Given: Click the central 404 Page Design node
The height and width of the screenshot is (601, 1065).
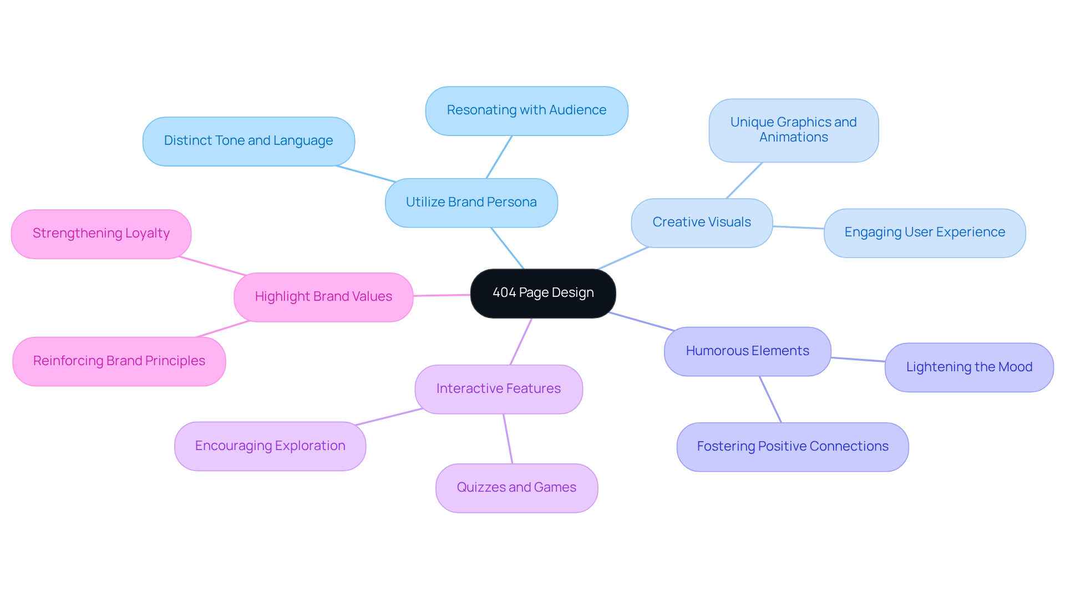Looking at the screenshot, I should point(542,293).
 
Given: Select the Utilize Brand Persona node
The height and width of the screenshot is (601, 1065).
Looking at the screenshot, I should point(471,203).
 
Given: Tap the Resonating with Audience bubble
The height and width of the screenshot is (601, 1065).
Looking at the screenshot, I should point(526,110).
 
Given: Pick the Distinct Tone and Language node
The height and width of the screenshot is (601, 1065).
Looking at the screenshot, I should point(248,141).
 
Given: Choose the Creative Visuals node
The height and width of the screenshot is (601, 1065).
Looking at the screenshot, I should point(702,223).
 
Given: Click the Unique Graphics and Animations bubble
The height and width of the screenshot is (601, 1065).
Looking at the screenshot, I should point(793,130).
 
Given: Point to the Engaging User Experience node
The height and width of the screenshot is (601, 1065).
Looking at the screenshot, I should point(925,233).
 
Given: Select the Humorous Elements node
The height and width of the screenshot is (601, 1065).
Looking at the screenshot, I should point(747,351).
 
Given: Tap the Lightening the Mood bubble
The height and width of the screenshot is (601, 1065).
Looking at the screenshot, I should point(969,367).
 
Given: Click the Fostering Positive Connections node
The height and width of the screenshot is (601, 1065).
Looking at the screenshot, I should point(793,447).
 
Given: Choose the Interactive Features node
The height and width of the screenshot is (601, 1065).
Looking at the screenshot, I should point(498,389).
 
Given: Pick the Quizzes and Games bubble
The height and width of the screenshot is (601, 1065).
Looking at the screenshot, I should point(516,488).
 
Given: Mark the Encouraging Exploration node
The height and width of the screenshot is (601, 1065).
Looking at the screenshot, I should point(270,446).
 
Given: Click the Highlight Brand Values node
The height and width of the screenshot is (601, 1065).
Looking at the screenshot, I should point(323,297).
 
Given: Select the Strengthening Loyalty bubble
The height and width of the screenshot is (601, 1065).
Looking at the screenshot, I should point(101,234).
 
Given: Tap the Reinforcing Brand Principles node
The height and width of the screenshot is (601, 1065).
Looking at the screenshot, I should point(119,361).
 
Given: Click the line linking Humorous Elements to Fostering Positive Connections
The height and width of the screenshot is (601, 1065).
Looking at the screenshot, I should point(770,400).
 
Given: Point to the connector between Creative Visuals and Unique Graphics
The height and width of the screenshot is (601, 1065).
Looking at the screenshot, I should point(744,180).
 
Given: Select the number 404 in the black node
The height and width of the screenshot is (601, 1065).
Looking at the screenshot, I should point(504,293).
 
